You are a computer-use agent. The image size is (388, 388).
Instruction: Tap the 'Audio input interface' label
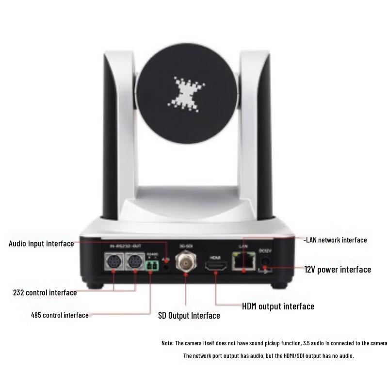41,243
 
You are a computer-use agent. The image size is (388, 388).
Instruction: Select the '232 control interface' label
45,292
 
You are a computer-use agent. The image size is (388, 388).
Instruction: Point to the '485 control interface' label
60,315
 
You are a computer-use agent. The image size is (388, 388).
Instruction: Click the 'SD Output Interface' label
189,316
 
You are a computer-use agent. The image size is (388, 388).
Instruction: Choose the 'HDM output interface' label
278,306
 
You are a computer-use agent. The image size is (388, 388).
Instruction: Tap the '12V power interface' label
338,269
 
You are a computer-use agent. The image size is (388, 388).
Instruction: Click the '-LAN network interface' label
335,240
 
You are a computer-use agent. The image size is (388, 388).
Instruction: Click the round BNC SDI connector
186,261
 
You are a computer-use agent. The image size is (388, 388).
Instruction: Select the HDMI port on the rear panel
215,266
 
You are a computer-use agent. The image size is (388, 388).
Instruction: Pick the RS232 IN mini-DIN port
114,262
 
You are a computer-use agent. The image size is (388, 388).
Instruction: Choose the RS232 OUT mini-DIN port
134,262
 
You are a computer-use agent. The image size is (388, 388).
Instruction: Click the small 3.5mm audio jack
167,265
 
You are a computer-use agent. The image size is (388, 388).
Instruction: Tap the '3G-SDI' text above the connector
186,246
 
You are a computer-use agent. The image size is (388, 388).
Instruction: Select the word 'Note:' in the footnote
167,343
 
